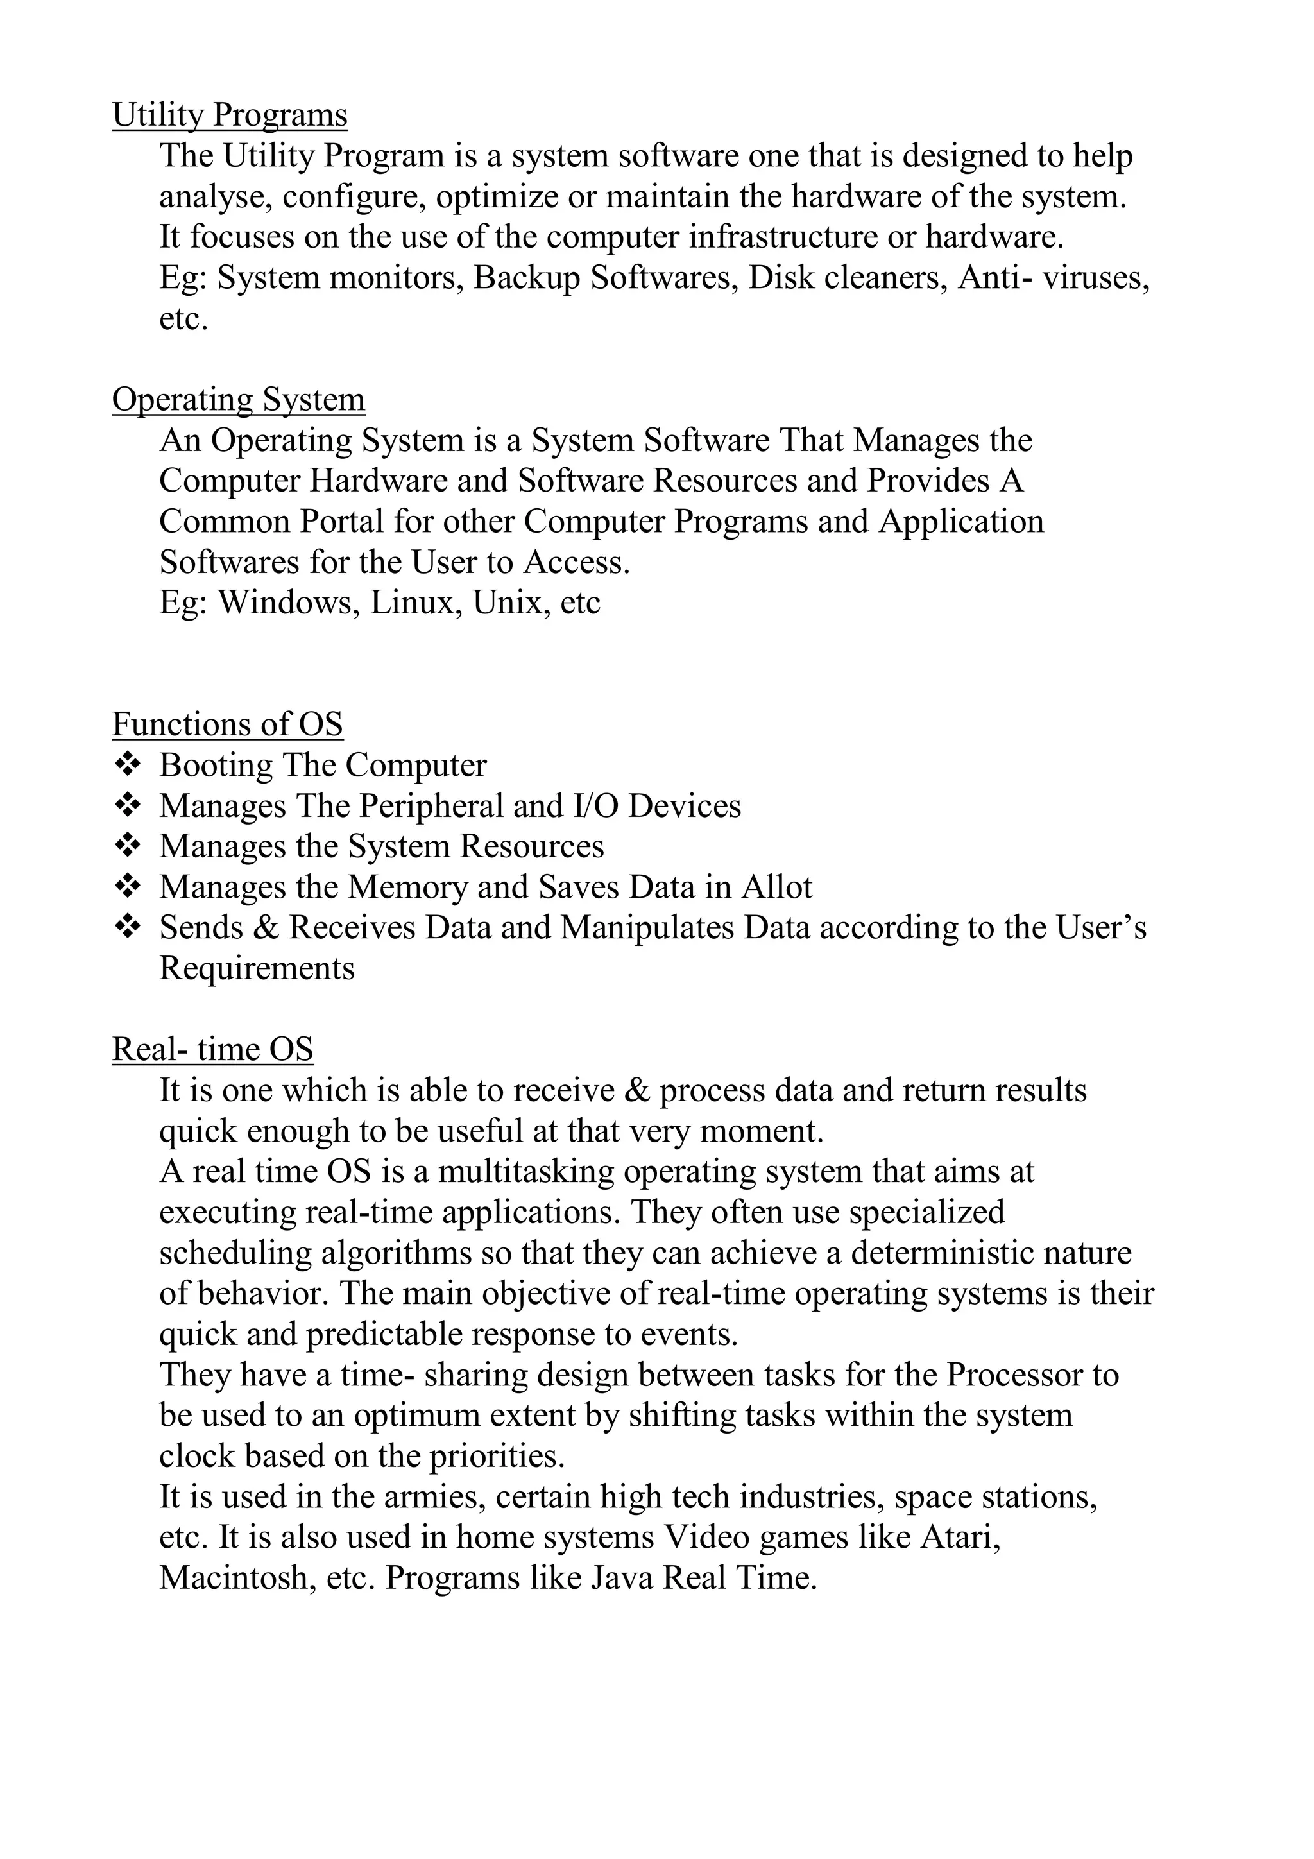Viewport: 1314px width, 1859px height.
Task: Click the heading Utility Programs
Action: coord(229,115)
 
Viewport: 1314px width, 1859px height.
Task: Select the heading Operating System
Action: coord(238,399)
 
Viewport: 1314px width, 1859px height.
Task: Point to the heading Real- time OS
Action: coord(212,1049)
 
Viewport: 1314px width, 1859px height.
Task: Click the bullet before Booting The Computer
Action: coord(127,764)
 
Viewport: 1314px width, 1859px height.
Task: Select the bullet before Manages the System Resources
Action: coord(127,844)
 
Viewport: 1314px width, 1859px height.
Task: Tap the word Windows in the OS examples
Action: coord(284,603)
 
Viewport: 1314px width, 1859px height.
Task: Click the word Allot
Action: coord(776,887)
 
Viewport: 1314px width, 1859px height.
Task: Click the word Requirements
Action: coord(257,968)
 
